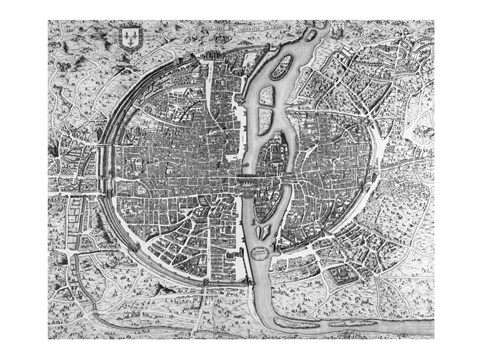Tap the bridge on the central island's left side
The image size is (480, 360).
[242, 181]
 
